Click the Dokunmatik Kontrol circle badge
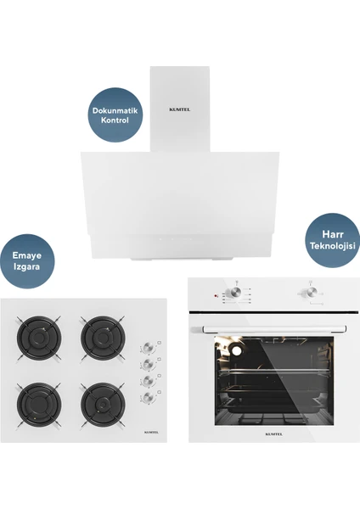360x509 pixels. click(x=115, y=115)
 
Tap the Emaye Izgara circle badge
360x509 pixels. click(x=27, y=261)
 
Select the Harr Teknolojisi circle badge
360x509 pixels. click(x=333, y=240)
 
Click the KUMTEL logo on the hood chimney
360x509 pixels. click(x=180, y=109)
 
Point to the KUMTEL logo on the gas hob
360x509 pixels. click(x=151, y=432)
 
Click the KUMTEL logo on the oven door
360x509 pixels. click(x=274, y=434)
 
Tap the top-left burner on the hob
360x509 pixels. click(x=39, y=338)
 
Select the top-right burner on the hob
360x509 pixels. click(x=103, y=338)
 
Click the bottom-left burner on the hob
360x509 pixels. click(x=39, y=405)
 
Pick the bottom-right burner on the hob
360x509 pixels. click(x=103, y=405)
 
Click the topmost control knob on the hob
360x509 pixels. click(x=148, y=347)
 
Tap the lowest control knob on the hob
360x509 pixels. click(x=148, y=397)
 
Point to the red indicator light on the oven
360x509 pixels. click(x=215, y=296)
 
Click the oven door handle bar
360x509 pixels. click(x=268, y=329)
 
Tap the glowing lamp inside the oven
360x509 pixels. click(x=236, y=350)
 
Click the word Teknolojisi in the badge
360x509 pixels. click(x=333, y=245)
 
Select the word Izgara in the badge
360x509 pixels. click(x=26, y=267)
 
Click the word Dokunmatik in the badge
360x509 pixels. click(x=115, y=110)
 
